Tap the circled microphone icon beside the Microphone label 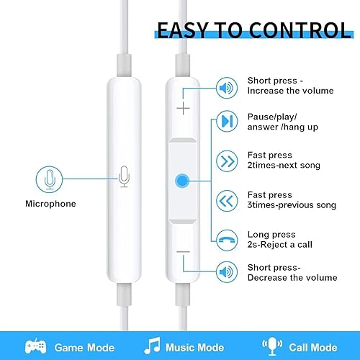pyautogui.click(x=50, y=179)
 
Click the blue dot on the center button pyautogui.click(x=184, y=180)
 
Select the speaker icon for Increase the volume pyautogui.click(x=227, y=89)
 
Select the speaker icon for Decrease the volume pyautogui.click(x=227, y=272)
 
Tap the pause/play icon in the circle pyautogui.click(x=227, y=121)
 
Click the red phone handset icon pyautogui.click(x=227, y=238)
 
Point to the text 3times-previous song pyautogui.click(x=292, y=205)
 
